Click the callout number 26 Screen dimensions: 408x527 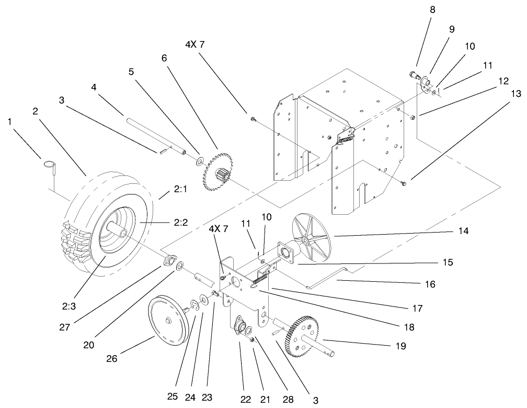tap(112, 359)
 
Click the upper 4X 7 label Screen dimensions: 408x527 tap(194, 45)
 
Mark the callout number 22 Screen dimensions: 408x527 tap(246, 400)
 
